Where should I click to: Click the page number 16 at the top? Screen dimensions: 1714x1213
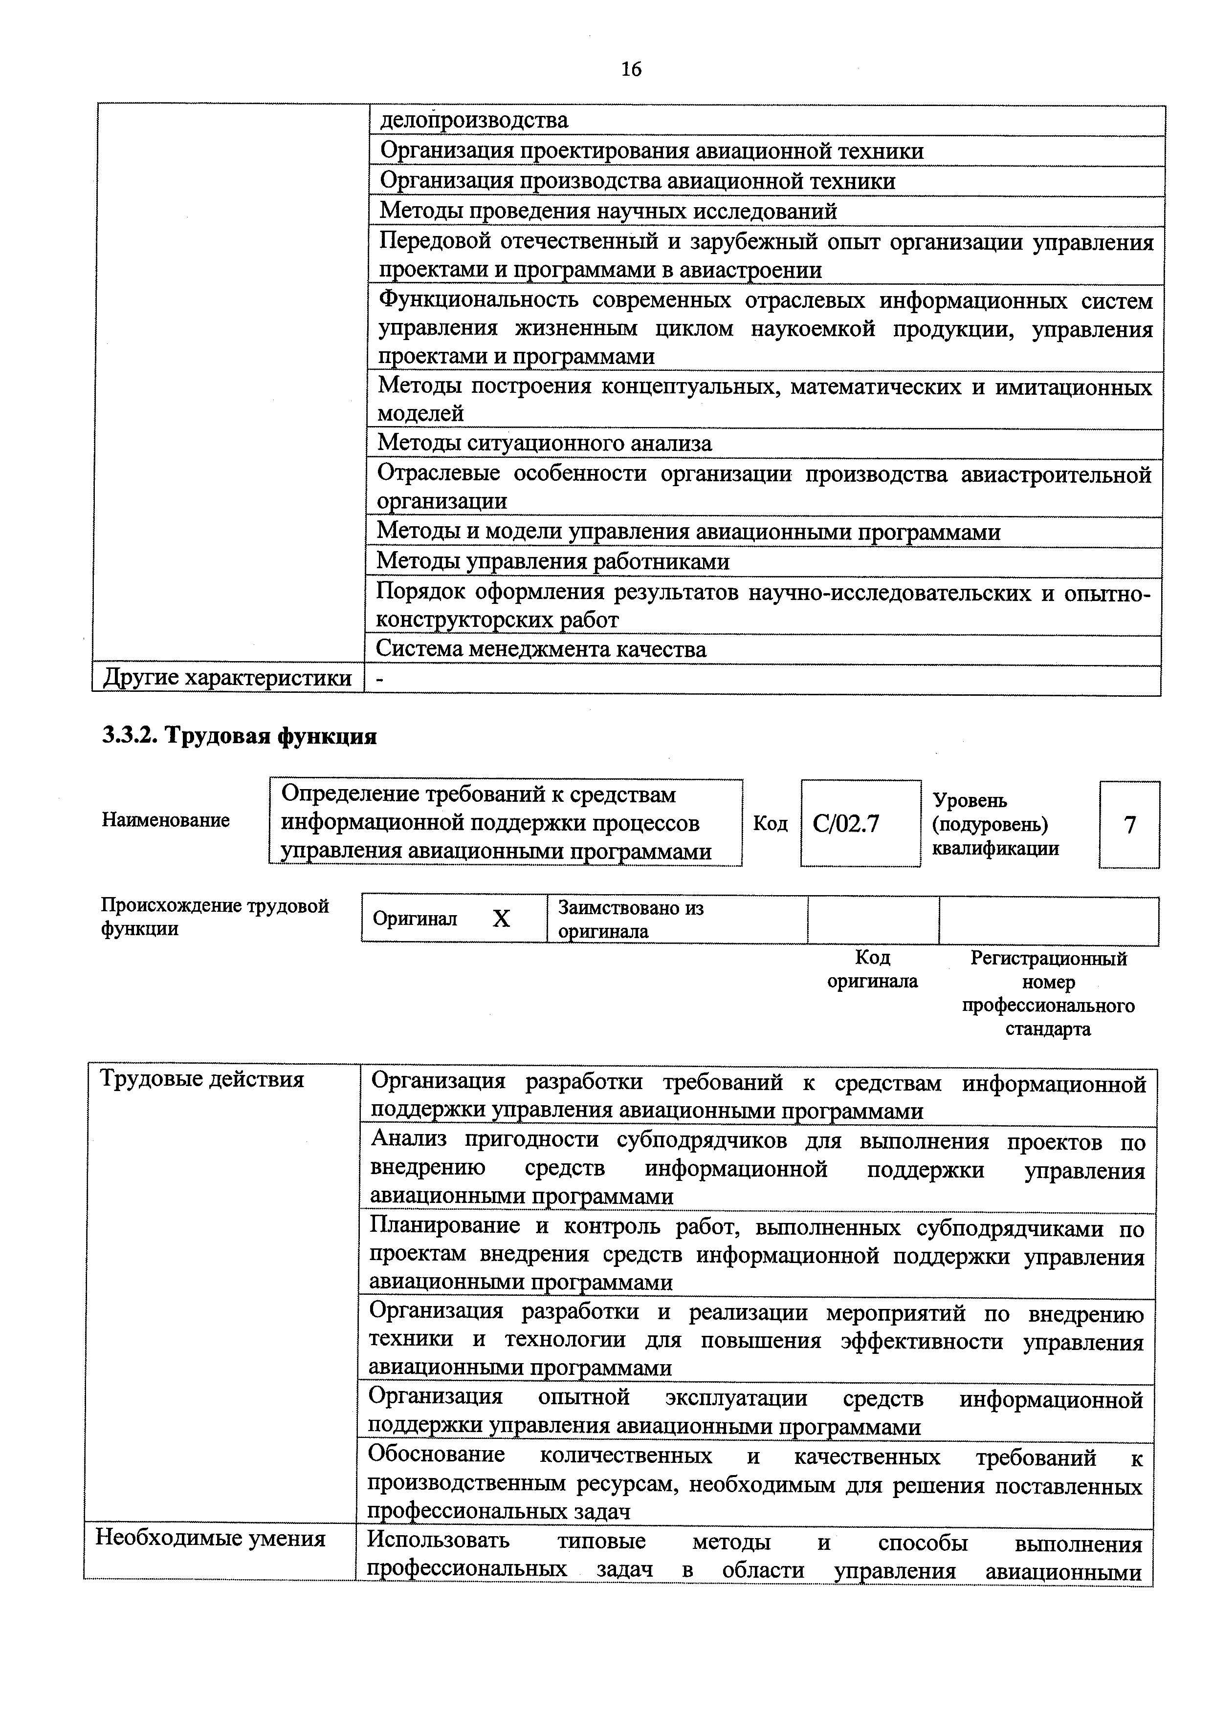631,69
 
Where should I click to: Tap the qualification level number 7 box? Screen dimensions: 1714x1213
1129,825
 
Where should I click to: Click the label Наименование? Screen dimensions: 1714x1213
166,820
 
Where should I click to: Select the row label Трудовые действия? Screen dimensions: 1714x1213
201,1079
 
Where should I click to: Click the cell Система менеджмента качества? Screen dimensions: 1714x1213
541,649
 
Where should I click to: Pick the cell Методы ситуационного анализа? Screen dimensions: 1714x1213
545,444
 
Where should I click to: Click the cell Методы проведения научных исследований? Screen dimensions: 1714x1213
608,211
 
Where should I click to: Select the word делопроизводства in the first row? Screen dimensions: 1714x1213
474,120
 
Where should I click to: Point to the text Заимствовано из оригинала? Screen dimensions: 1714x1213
631,919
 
